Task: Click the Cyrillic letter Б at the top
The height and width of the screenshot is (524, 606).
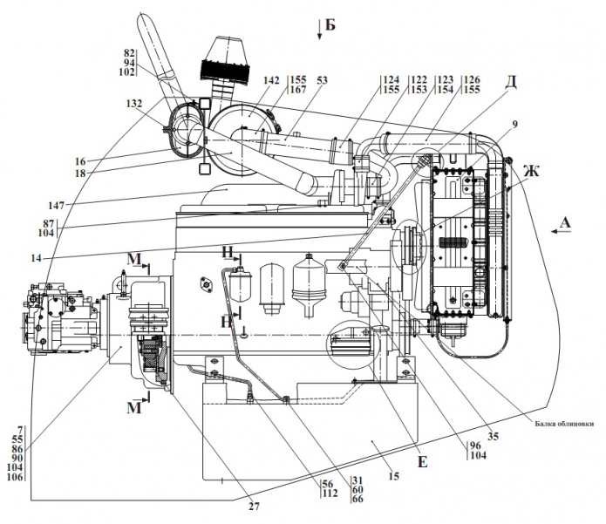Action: tap(330, 24)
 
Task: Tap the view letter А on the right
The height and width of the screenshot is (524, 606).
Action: tap(565, 222)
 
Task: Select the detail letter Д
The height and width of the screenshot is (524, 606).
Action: tap(510, 82)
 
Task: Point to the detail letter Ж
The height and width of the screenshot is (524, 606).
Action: tap(531, 170)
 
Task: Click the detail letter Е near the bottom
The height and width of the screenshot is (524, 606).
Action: tap(423, 462)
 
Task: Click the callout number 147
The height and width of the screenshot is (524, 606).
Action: tap(56, 206)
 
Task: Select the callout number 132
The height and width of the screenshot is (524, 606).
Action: tap(133, 104)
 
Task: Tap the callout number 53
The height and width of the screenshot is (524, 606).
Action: tap(322, 80)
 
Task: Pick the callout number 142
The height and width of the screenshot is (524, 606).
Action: tap(271, 80)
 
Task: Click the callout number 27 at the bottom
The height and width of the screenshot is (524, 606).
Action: tap(254, 507)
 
